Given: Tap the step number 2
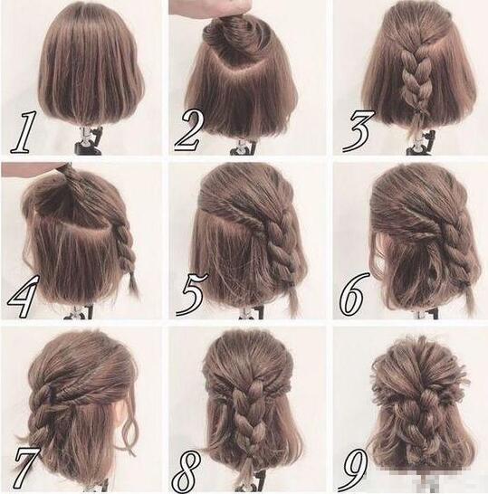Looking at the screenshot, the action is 187,131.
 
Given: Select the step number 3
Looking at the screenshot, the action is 359,131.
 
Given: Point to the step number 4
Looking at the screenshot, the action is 23,296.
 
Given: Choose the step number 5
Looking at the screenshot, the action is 192,294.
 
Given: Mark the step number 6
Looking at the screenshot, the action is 354,294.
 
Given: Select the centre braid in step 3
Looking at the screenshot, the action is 412,80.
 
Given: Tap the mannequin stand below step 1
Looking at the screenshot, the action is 89,141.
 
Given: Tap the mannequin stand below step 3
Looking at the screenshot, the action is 421,144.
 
